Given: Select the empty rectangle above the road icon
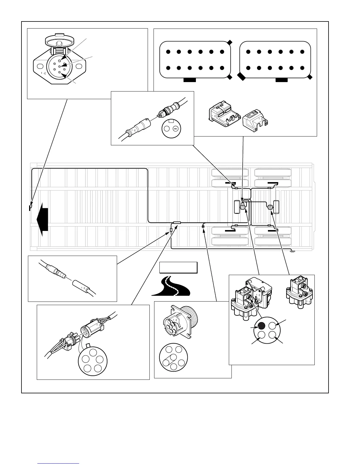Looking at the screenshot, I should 178,268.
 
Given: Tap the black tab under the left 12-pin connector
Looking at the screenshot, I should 189,79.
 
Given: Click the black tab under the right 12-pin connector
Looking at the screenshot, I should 281,79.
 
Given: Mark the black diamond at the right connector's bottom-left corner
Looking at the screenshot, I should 242,76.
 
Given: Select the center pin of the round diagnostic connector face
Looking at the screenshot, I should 173,357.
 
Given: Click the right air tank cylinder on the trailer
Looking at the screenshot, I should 276,207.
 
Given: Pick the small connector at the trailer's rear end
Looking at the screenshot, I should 292,251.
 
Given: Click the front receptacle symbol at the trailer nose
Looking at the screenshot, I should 29,208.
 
